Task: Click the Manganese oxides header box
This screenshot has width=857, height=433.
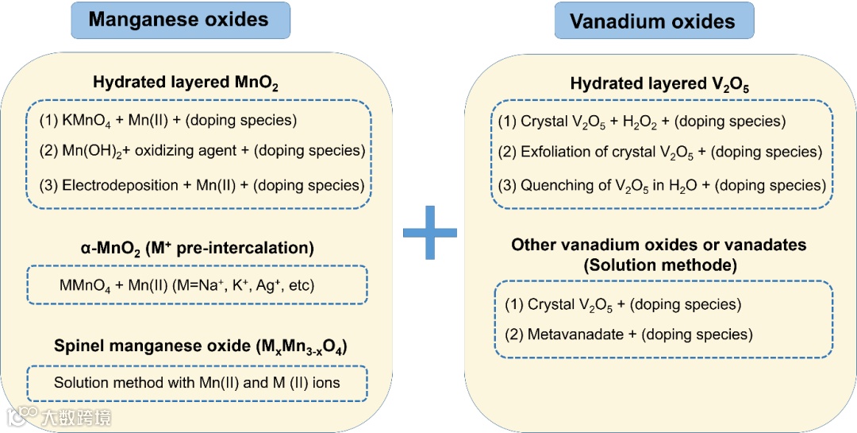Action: click(x=180, y=21)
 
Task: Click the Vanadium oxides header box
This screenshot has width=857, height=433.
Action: click(x=653, y=21)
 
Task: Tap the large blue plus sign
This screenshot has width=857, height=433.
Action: click(x=430, y=232)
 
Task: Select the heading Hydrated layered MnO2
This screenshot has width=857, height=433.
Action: click(x=186, y=83)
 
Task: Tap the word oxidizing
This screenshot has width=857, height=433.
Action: click(x=168, y=151)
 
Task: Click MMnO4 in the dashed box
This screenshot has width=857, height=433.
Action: click(x=85, y=285)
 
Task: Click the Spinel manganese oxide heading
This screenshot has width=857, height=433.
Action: click(x=200, y=347)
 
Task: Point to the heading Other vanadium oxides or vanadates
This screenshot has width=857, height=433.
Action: click(x=659, y=245)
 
